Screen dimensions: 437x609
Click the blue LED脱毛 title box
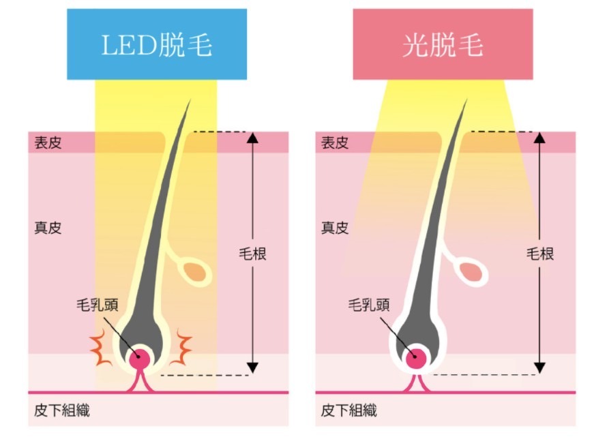coord(157,44)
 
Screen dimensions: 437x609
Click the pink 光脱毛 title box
coord(443,44)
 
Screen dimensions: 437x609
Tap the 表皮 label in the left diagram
coord(47,143)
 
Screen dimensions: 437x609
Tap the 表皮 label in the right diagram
coord(334,143)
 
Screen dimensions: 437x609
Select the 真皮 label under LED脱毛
coord(47,228)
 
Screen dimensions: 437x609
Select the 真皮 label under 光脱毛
coord(334,228)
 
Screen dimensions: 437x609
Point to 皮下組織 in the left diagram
coord(61,410)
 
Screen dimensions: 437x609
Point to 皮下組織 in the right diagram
coord(348,410)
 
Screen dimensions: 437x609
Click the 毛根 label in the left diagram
coord(253,254)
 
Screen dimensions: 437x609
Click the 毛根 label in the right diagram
coord(540,254)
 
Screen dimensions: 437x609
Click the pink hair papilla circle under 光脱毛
coord(415,357)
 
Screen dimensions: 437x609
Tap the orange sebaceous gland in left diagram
coord(196,272)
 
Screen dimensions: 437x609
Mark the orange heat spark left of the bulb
coord(103,350)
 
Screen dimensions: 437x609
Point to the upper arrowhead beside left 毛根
coord(253,137)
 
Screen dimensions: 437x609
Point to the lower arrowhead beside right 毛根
coord(540,368)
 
